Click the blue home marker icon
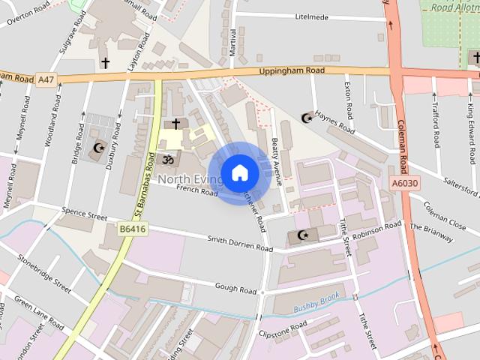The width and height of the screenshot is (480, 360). click(x=239, y=173)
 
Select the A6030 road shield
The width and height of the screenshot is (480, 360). click(x=404, y=182)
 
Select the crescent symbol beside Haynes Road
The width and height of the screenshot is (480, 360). click(x=306, y=118)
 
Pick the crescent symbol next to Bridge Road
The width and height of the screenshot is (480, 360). click(x=97, y=148)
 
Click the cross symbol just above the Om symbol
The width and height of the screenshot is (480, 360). click(x=176, y=123)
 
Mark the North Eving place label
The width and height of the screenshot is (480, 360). click(x=190, y=179)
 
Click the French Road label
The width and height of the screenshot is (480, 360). click(x=196, y=192)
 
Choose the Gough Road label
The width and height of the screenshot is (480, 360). click(x=235, y=288)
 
